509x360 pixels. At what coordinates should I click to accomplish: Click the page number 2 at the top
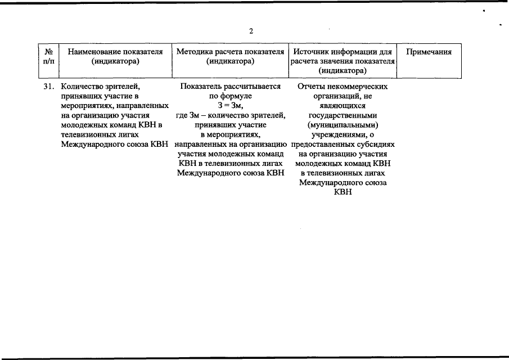(251, 31)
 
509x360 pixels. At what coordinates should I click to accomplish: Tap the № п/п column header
(49, 56)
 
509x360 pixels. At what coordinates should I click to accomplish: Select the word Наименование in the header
(93, 52)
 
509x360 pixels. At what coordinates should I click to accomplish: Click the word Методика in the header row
(193, 52)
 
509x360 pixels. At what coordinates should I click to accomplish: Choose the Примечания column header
(429, 52)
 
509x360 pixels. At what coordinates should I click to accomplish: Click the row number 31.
(49, 87)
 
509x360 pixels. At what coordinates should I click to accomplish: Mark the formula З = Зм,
(230, 106)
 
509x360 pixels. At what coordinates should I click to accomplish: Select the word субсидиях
(375, 145)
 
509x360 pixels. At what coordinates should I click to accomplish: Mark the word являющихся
(343, 106)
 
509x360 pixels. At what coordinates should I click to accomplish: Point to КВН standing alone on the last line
(343, 192)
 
